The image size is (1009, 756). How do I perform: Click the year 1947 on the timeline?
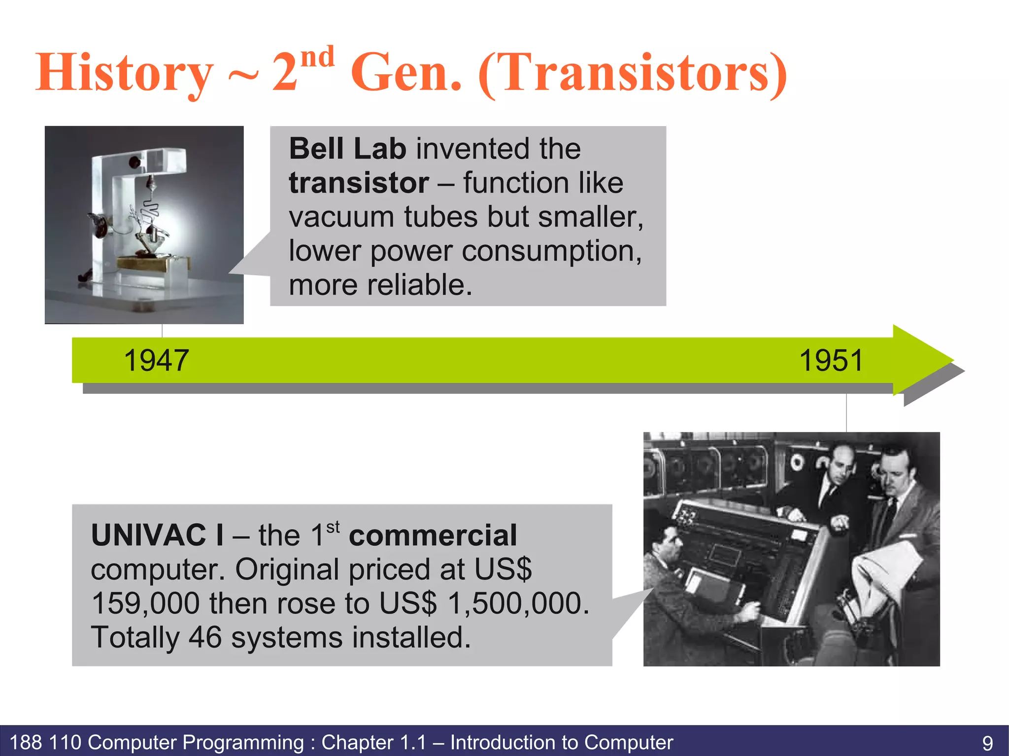tap(156, 361)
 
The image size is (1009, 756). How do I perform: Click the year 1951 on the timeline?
tap(831, 361)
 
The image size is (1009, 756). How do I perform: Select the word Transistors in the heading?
tap(633, 73)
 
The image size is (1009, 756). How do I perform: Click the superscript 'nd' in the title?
tap(317, 57)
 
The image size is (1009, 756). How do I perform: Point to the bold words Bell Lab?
tap(347, 149)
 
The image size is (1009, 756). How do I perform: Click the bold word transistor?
tap(359, 183)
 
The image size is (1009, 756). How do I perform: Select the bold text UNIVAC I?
tap(157, 535)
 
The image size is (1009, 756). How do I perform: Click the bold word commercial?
tap(433, 535)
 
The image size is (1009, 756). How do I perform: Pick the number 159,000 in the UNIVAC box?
tap(145, 603)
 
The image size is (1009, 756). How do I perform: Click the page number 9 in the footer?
tap(987, 743)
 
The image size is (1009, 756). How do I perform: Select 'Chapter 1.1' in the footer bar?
tap(374, 742)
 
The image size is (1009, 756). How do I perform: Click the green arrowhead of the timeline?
tap(921, 360)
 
